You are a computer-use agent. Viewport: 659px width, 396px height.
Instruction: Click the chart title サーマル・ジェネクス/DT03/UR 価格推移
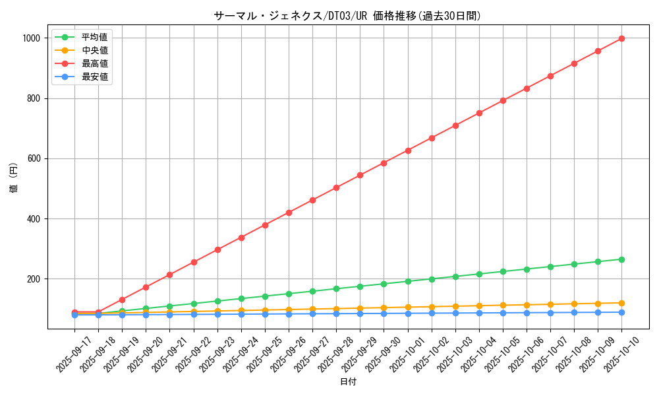(x=347, y=16)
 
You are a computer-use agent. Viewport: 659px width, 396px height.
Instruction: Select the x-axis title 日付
(x=347, y=382)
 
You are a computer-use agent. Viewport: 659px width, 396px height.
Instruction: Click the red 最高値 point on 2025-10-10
(x=621, y=38)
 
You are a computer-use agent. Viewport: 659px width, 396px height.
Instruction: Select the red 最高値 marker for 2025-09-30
(x=384, y=163)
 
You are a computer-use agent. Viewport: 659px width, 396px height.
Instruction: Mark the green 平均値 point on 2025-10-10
(x=621, y=259)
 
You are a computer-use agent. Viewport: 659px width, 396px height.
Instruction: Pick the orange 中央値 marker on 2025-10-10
(x=621, y=303)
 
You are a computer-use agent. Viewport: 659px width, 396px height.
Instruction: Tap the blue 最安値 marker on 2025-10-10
(x=621, y=312)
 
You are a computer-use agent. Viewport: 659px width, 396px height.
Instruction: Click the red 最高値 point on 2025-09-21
(x=169, y=275)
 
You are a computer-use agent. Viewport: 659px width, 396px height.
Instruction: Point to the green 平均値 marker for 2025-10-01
(x=408, y=281)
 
